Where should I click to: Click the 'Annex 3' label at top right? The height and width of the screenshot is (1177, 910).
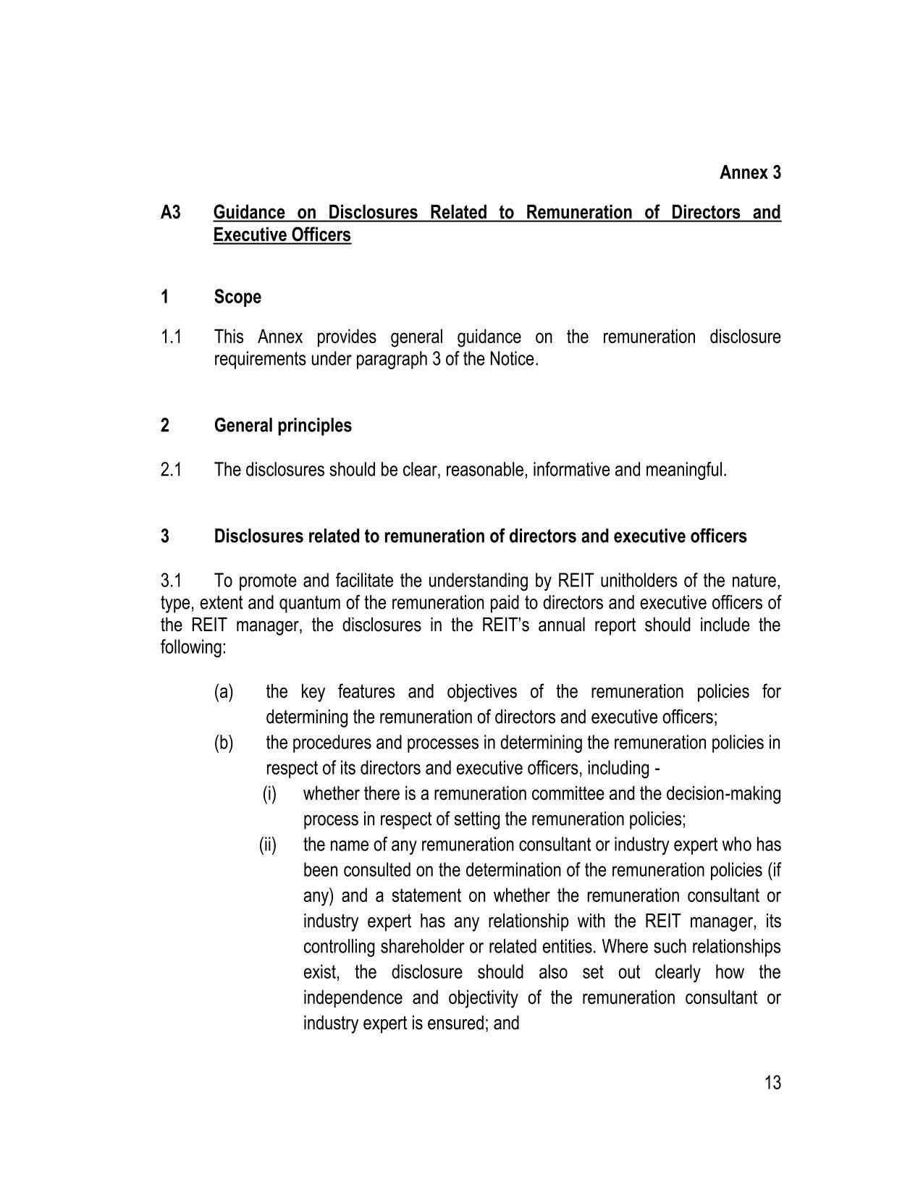pos(750,173)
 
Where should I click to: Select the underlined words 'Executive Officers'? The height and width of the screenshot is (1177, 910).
pos(282,235)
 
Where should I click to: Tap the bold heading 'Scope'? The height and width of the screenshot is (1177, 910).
pos(237,298)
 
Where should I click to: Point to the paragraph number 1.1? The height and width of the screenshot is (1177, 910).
pos(171,337)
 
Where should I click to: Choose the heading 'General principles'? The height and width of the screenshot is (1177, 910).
pos(282,426)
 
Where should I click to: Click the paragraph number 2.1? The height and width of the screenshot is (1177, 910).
pos(171,471)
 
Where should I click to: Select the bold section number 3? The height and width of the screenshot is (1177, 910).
pos(166,536)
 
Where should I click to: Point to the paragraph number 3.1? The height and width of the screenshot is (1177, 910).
pos(171,581)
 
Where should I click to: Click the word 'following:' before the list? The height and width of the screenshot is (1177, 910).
pos(193,648)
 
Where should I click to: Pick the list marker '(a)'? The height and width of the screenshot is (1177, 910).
pos(224,692)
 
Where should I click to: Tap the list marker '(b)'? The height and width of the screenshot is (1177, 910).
pos(224,743)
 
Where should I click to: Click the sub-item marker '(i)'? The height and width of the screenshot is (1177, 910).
pos(269,794)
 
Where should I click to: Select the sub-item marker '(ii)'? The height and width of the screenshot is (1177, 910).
pos(268,845)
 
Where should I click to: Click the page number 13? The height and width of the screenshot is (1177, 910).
pos(772,1084)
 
